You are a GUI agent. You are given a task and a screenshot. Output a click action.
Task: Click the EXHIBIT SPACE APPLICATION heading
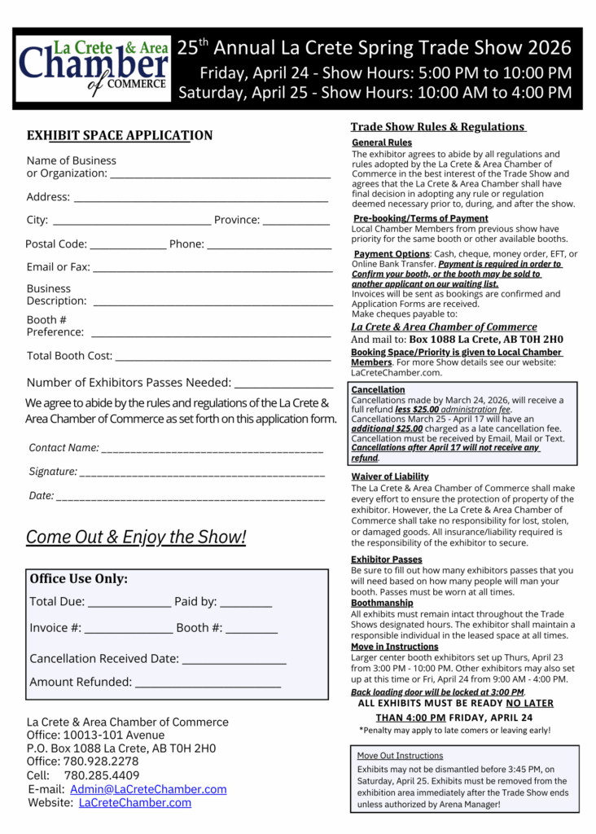click(x=120, y=135)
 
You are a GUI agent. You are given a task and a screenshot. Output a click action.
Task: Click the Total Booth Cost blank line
click(x=223, y=358)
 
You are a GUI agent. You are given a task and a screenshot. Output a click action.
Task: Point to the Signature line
click(x=203, y=474)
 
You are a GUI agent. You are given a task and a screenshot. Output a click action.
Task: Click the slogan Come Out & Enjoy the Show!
click(x=136, y=537)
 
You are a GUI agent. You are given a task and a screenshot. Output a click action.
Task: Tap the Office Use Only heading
click(x=79, y=579)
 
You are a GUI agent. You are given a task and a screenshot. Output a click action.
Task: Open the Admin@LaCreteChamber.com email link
click(x=148, y=789)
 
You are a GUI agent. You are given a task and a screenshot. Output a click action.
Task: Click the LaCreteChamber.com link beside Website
click(x=135, y=802)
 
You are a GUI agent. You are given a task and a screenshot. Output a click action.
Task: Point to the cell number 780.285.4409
click(x=102, y=775)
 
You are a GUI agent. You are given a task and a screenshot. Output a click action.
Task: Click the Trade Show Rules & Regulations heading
click(x=437, y=126)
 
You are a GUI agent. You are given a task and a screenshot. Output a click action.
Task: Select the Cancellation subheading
click(x=373, y=390)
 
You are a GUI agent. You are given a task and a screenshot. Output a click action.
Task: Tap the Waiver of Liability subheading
click(x=390, y=476)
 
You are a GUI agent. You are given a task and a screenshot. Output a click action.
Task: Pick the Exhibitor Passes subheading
click(x=387, y=560)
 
